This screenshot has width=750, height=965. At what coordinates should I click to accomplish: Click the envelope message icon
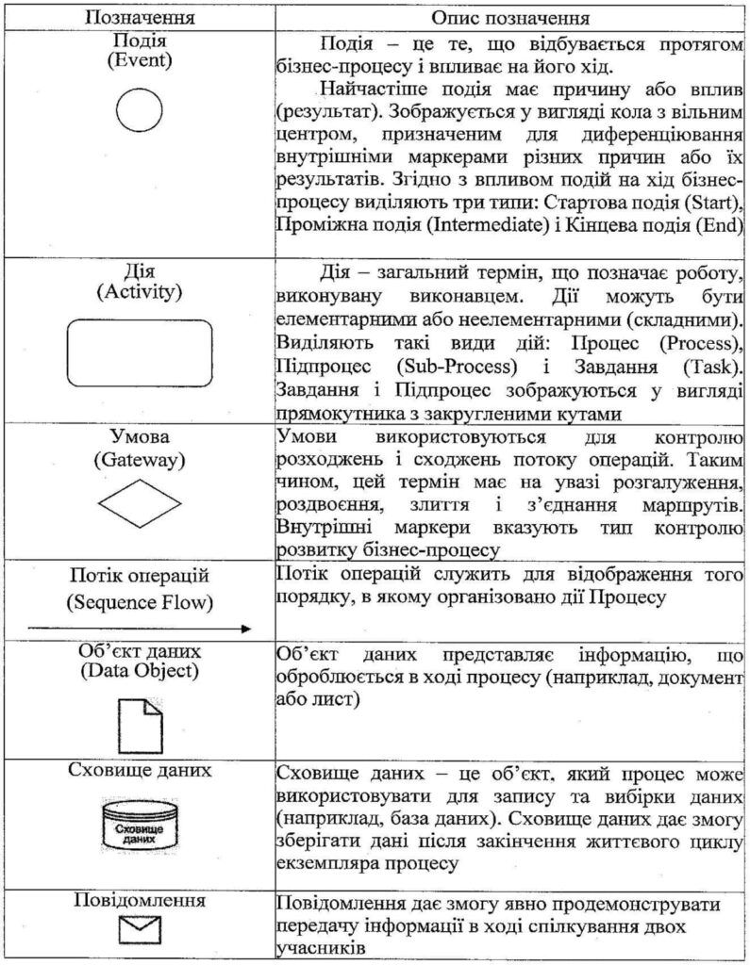(x=139, y=933)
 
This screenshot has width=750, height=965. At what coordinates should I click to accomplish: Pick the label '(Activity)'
(x=140, y=291)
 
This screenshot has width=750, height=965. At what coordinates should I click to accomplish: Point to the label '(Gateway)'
(x=140, y=461)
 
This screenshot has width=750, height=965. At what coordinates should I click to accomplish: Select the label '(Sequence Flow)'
(x=140, y=601)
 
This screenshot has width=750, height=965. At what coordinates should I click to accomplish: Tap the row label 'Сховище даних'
(x=140, y=770)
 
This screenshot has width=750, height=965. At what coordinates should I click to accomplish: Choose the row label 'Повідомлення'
(x=140, y=900)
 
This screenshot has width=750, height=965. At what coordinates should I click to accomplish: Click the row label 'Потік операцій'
(x=140, y=576)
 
